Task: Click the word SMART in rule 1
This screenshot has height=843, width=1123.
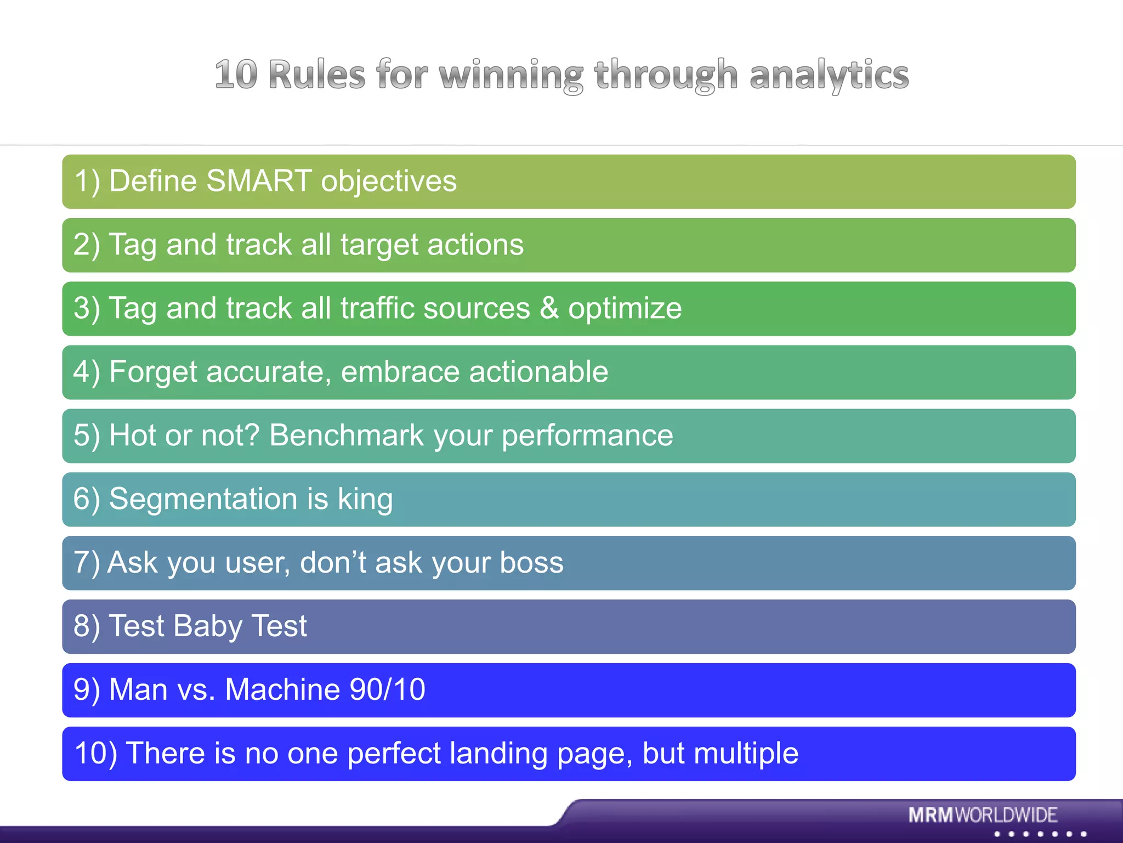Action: (x=259, y=181)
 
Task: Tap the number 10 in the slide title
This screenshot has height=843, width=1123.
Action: (x=236, y=75)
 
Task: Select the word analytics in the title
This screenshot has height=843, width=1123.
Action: (x=829, y=75)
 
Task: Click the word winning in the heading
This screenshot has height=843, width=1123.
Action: (x=511, y=75)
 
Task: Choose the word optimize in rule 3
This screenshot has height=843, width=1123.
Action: (x=625, y=308)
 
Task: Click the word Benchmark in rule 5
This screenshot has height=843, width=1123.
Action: (x=347, y=435)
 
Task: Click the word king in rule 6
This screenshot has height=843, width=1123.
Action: (x=365, y=500)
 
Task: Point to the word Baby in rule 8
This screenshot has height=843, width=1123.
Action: (x=207, y=626)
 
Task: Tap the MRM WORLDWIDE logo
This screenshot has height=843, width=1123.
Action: (x=982, y=815)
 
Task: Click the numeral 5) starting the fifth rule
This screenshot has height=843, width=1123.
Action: (x=87, y=435)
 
